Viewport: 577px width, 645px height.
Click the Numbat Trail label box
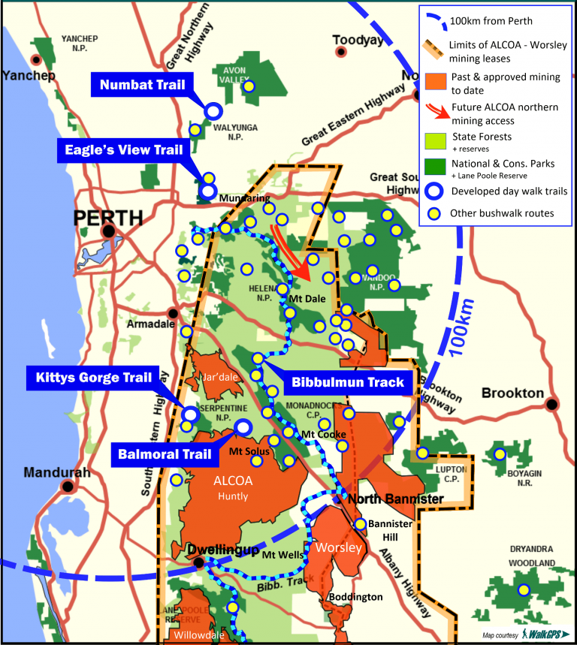tap(142, 85)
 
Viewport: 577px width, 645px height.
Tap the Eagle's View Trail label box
tap(120, 150)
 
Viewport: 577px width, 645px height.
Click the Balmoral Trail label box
tap(159, 454)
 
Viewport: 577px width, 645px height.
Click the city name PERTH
tap(107, 218)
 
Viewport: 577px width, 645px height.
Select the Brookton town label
tap(512, 393)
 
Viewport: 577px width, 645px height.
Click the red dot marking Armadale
tap(174, 313)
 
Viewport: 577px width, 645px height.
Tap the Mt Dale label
tap(307, 298)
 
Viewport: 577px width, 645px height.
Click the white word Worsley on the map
tap(337, 547)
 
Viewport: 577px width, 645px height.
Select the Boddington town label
tap(355, 597)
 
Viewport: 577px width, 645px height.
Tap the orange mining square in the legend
tap(438, 77)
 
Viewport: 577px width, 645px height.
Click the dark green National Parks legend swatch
tap(438, 164)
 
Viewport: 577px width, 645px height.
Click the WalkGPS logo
tap(544, 634)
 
